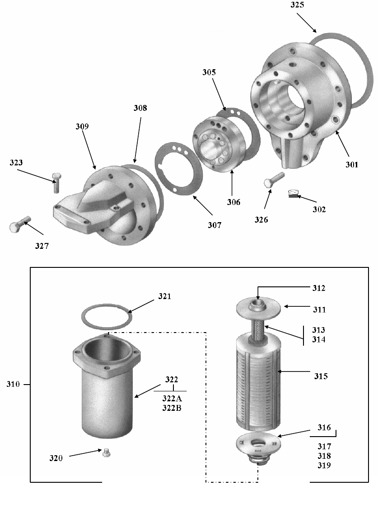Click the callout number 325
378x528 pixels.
tap(297, 5)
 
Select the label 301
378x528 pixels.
tap(352, 165)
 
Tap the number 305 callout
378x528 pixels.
tap(209, 72)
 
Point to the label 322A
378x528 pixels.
tap(172, 399)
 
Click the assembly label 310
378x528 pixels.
tap(13, 384)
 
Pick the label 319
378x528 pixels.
tap(324, 466)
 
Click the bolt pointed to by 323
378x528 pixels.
tap(56, 183)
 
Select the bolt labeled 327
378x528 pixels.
tap(20, 224)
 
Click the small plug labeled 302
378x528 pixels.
tap(294, 194)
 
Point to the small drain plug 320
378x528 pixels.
tap(106, 452)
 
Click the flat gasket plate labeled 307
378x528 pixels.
tap(178, 168)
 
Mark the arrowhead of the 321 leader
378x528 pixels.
tap(130, 312)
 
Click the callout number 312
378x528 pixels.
tap(319, 288)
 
